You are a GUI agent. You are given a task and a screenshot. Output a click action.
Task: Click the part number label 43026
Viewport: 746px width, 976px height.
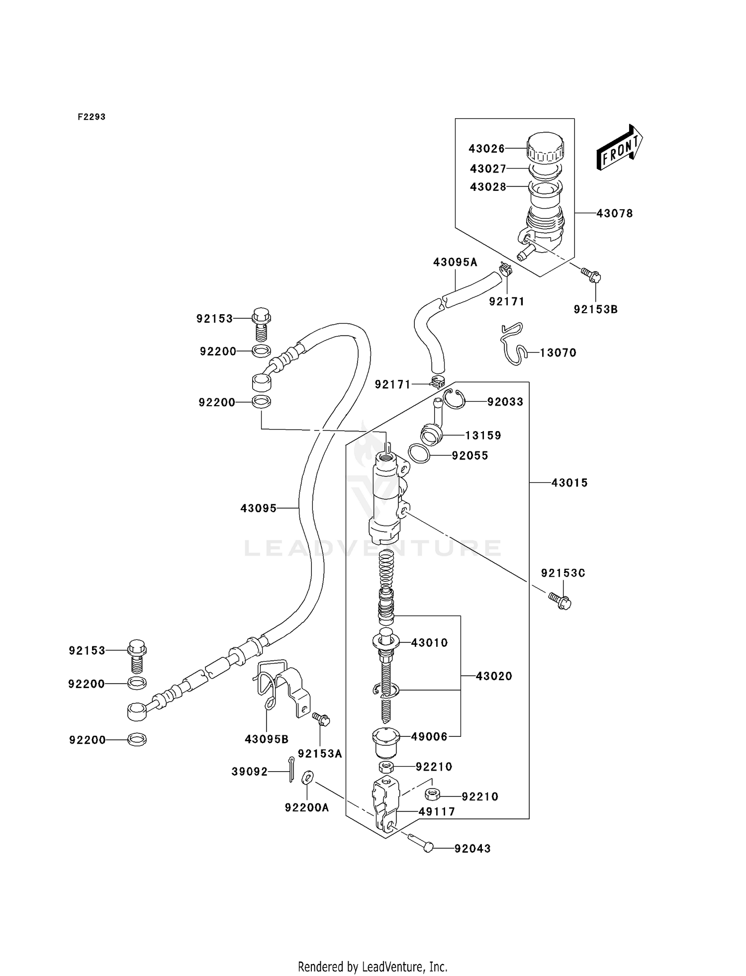[486, 149]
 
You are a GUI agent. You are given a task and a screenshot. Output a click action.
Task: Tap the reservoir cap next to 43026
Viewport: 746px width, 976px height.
[545, 148]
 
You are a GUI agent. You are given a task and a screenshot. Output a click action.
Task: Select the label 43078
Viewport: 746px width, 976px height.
[614, 213]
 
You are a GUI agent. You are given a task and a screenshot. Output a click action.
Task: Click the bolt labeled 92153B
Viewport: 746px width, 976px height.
[591, 274]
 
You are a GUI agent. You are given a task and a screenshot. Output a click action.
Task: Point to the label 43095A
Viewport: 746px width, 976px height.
[455, 262]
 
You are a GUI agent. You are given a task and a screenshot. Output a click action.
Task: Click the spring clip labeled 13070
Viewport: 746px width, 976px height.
[512, 344]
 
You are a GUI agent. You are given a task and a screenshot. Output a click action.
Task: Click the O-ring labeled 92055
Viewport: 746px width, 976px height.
[419, 453]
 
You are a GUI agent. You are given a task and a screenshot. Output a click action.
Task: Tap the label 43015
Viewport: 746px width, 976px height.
[569, 482]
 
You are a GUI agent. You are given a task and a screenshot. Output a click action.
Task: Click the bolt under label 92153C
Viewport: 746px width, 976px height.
[560, 601]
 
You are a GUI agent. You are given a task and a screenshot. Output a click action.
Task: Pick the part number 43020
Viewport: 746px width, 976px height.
[493, 676]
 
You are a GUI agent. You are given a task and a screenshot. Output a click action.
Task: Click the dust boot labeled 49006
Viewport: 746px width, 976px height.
[386, 741]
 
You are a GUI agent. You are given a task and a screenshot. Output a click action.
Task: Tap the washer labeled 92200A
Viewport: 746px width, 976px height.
[307, 777]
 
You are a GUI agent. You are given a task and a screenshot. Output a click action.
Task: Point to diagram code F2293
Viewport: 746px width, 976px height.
[92, 117]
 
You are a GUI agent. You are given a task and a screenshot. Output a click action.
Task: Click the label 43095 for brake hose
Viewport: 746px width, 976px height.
[258, 508]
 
